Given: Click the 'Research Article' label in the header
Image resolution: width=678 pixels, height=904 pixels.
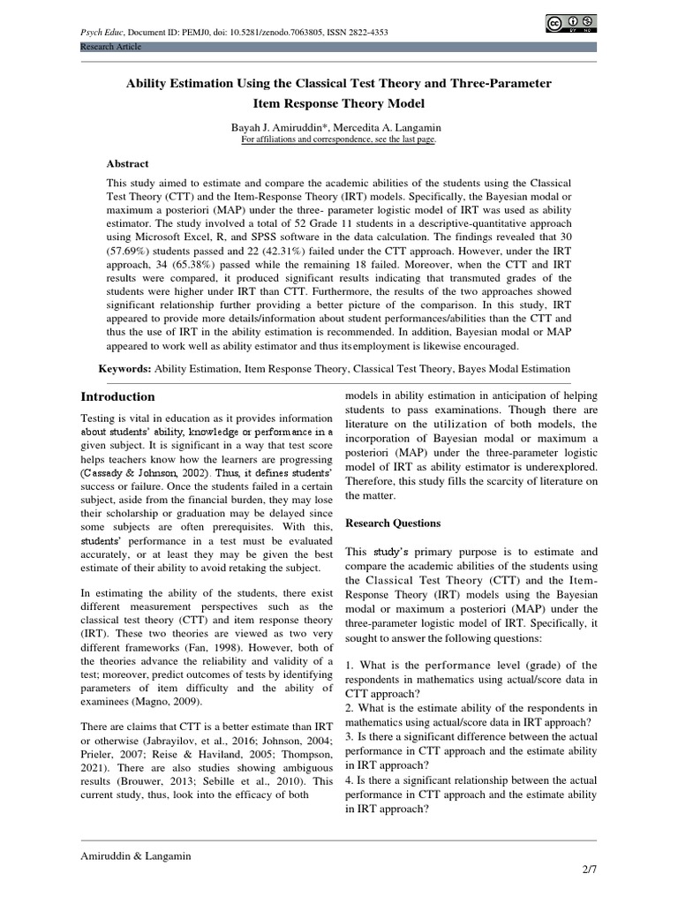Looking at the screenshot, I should pos(109,46).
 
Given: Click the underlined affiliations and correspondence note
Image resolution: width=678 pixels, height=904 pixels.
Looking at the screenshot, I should pos(338,139).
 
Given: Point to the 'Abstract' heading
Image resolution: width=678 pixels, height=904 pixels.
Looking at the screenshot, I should pos(128,163).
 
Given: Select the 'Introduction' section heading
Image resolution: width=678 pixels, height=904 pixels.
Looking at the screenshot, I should pos(117,396).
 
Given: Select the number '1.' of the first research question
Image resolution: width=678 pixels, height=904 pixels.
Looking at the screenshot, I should pos(350,665).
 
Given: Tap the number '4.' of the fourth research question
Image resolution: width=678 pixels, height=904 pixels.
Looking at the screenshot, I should pos(350,780).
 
